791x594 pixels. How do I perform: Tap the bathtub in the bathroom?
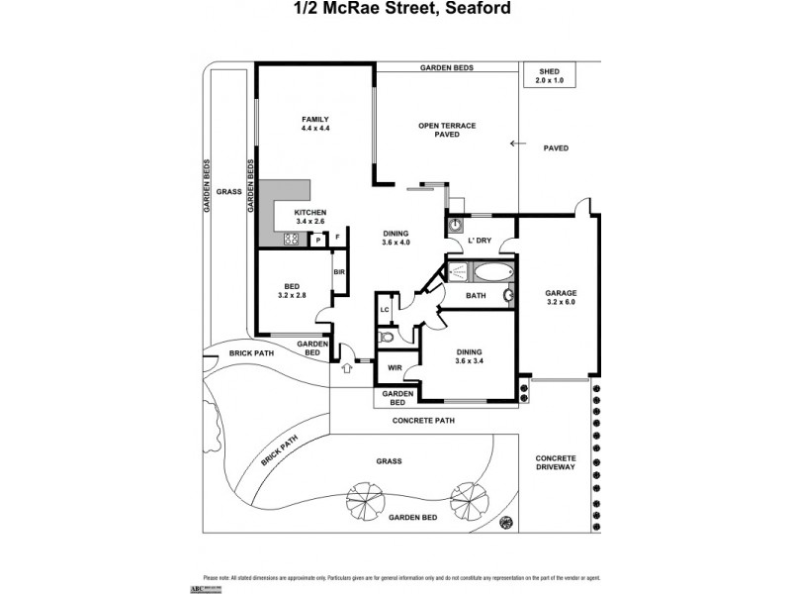click(x=491, y=271)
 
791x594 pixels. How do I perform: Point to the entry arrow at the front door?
click(x=345, y=368)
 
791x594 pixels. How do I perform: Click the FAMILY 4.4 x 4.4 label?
click(x=314, y=125)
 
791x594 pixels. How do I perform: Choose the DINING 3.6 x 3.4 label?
click(x=469, y=357)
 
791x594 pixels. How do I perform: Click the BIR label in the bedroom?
click(x=338, y=272)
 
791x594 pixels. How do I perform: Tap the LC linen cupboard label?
click(x=386, y=310)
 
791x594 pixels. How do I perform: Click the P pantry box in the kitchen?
click(x=318, y=239)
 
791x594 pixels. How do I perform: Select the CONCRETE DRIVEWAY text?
click(x=555, y=462)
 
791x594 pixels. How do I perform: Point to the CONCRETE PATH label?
click(x=426, y=421)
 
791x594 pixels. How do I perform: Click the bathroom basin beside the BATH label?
click(x=508, y=294)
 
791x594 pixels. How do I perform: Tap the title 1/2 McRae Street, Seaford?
click(x=395, y=11)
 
